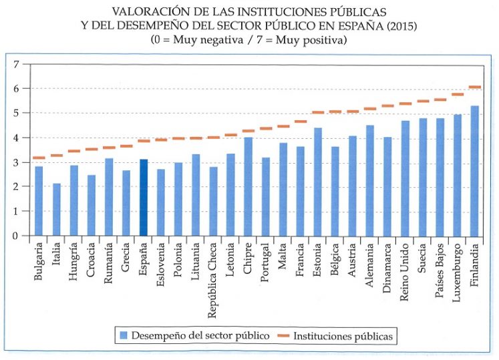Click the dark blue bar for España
point(143,198)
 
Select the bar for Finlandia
point(474,171)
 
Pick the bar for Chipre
point(248,186)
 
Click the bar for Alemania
point(370,180)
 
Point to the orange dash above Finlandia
point(474,87)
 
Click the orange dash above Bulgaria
point(39,158)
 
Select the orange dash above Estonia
point(317,113)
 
